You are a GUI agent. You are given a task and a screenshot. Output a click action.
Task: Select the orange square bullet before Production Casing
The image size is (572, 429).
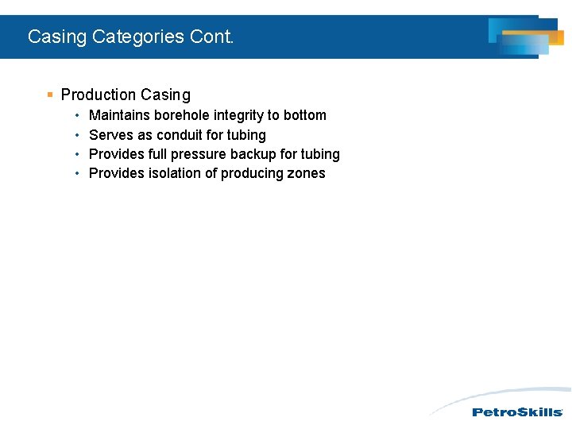tap(50, 95)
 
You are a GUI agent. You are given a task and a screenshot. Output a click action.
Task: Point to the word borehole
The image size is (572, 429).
tap(182, 115)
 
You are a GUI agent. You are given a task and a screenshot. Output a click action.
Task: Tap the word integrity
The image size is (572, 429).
tap(238, 115)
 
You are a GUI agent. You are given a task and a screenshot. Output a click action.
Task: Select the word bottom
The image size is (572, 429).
tap(305, 115)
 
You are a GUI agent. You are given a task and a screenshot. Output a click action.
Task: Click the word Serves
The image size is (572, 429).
tap(111, 135)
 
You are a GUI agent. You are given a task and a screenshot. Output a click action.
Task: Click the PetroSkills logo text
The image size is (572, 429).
tap(517, 412)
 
